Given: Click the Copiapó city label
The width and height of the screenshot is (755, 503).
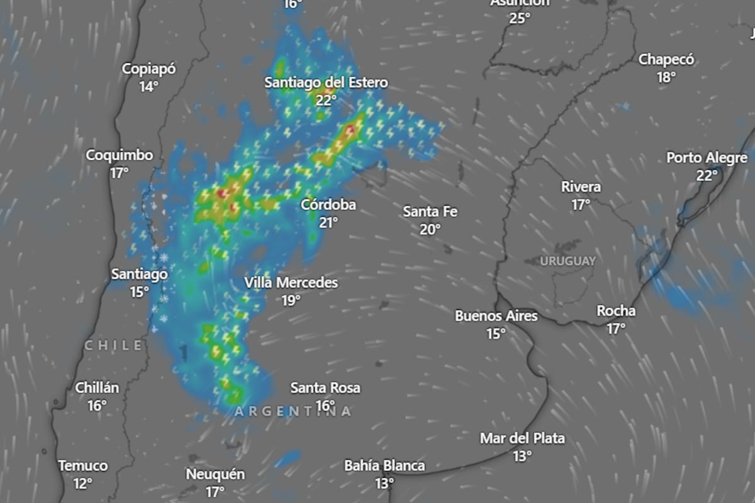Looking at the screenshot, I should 149,69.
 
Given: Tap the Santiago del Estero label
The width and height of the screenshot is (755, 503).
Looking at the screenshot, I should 326,82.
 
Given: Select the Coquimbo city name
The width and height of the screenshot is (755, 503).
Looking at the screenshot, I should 120,155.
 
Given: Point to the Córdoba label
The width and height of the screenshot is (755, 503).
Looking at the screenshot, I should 328,204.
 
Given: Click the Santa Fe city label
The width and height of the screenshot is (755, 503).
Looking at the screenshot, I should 430,212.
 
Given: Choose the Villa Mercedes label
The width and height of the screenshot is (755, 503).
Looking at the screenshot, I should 291,283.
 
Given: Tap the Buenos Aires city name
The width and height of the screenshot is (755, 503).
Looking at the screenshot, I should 496,316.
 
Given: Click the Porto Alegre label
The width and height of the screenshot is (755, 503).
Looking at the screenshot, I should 707,158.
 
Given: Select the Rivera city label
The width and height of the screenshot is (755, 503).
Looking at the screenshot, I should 581,187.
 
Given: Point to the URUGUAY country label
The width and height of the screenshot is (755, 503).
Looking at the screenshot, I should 568,261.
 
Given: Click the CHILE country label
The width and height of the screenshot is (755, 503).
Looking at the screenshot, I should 113,345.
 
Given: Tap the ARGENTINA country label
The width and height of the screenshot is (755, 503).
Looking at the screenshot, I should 293,411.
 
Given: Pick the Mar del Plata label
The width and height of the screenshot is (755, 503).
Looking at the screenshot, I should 522,438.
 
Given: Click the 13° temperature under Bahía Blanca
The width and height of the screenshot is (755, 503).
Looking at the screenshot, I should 384,484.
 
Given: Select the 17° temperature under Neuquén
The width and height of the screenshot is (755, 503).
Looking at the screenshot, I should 215,492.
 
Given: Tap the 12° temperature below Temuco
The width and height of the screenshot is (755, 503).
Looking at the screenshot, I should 82,484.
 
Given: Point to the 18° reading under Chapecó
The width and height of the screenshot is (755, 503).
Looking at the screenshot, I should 666,77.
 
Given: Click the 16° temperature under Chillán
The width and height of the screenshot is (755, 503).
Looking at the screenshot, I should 97,406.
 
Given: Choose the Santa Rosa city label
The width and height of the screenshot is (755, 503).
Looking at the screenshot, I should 325,388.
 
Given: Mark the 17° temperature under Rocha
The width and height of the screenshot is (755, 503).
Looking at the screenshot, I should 616,328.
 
